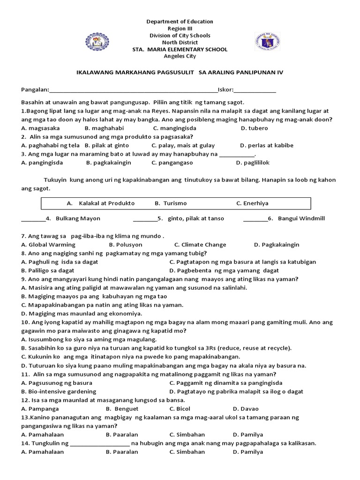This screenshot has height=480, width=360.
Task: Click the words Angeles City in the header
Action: [x=180, y=56]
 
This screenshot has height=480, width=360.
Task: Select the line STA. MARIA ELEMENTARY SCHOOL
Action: [x=180, y=49]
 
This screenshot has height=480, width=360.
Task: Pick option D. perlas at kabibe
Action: [x=266, y=145]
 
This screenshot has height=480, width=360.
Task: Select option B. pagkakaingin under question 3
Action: [x=108, y=163]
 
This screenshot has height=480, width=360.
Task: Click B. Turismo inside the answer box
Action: [x=171, y=203]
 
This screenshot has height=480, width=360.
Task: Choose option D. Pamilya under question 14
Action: [x=248, y=452]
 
